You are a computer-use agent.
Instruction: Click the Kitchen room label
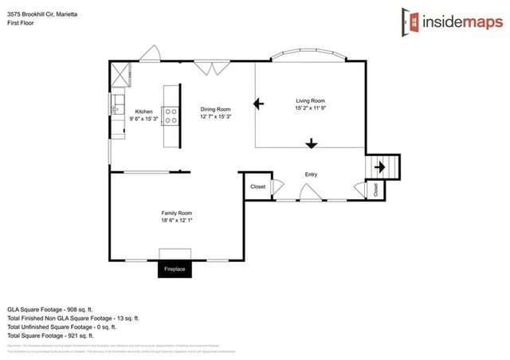pyautogui.click(x=143, y=112)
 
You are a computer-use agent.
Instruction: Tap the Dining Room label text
pyautogui.click(x=215, y=109)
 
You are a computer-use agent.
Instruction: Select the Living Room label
pyautogui.click(x=310, y=100)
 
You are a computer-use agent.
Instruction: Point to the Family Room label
pyautogui.click(x=176, y=213)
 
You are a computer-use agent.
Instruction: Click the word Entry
pyautogui.click(x=311, y=174)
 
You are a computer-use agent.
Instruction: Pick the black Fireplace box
pyautogui.click(x=175, y=269)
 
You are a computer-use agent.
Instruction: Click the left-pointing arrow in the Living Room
pyautogui.click(x=259, y=103)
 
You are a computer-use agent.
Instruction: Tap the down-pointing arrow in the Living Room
pyautogui.click(x=311, y=144)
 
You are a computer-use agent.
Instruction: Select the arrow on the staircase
pyautogui.click(x=381, y=166)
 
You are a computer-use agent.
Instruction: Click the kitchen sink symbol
pyautogui.click(x=116, y=104)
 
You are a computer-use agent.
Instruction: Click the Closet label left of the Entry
pyautogui.click(x=257, y=186)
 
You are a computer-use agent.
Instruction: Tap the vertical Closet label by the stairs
pyautogui.click(x=375, y=189)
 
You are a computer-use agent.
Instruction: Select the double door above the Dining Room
pyautogui.click(x=212, y=68)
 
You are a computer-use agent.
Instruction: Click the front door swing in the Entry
pyautogui.click(x=309, y=191)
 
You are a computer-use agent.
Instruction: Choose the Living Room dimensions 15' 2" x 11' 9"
pyautogui.click(x=310, y=108)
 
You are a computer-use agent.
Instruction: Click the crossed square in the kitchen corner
pyautogui.click(x=122, y=74)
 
